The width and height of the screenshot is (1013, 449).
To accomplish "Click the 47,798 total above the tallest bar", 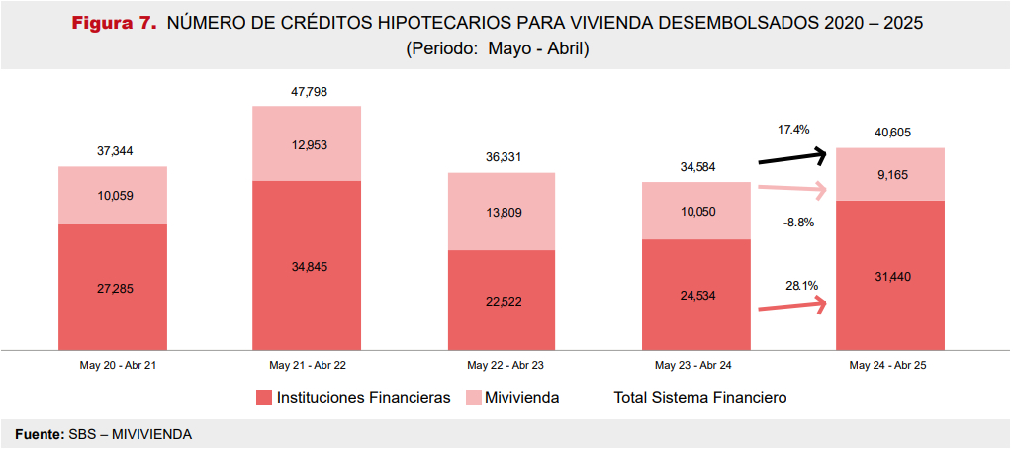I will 309,92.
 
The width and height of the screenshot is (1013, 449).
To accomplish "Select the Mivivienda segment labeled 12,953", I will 309,143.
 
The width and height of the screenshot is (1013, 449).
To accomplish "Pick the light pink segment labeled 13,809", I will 503,212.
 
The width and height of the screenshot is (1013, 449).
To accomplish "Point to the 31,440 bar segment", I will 891,276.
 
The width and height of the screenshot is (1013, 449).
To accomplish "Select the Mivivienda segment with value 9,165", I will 891,174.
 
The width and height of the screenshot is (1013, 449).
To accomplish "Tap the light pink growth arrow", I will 791,189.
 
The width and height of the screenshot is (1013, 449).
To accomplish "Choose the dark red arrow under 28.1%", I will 791,307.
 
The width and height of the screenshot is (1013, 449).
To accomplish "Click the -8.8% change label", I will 797,223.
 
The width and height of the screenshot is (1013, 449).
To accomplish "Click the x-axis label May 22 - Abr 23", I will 503,365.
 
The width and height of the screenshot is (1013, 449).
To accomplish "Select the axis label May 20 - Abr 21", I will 113,365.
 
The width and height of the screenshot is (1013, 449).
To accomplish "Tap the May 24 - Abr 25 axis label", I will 891,365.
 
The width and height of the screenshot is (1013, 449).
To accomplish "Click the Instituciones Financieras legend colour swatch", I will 263,398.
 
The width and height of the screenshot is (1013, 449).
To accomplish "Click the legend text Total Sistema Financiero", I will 700,398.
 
